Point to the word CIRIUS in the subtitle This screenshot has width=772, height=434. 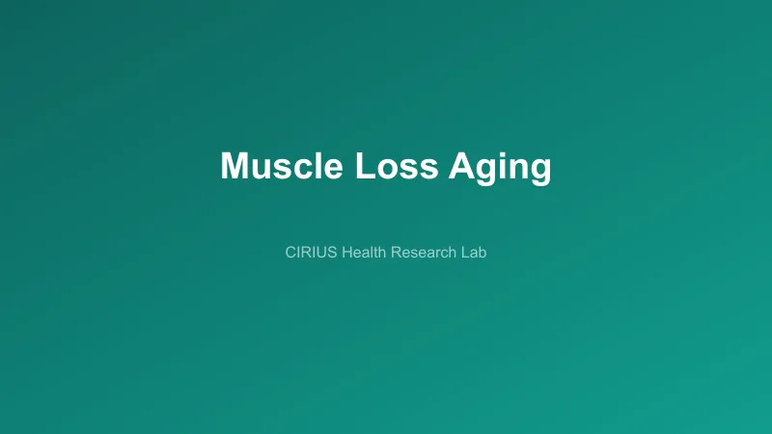[309, 254]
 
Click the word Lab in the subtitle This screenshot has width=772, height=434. [473, 254]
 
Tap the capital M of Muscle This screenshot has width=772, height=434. [234, 166]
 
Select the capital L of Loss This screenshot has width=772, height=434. [363, 166]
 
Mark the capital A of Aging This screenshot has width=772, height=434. [462, 166]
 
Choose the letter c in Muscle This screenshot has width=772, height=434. [304, 169]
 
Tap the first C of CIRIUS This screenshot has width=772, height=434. [291, 254]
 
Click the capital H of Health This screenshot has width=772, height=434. [346, 254]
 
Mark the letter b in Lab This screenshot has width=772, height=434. [482, 254]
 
